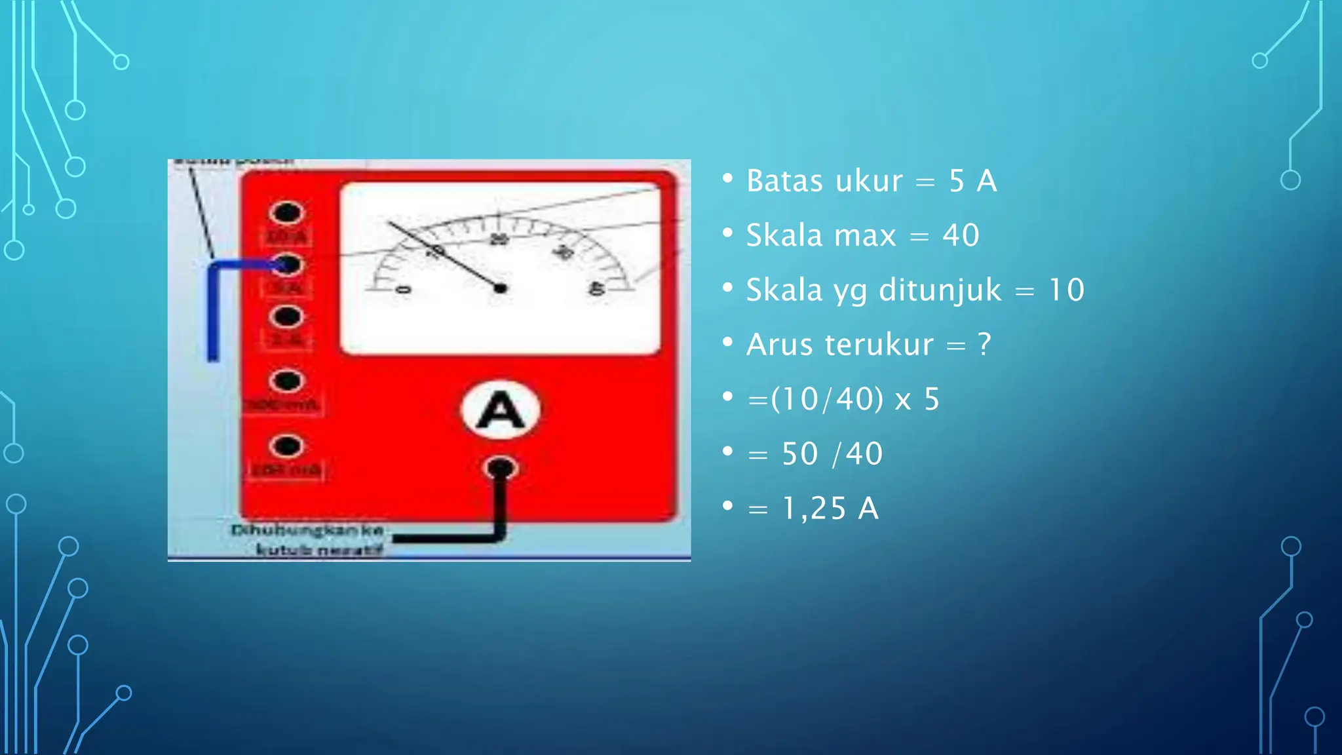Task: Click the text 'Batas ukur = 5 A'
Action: [x=871, y=182]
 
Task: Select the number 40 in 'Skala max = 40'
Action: [x=961, y=236]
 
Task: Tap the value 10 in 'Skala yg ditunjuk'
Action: [x=1066, y=290]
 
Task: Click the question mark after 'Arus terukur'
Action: [x=984, y=345]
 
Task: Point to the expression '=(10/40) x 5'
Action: [x=843, y=399]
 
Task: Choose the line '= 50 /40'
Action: [x=815, y=454]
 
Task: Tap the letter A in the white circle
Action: [x=501, y=411]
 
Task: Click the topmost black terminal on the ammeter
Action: [x=286, y=213]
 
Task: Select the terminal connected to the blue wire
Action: [x=286, y=265]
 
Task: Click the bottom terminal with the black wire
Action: [x=501, y=468]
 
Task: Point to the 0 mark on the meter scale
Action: [x=404, y=290]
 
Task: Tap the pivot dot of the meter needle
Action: [x=501, y=288]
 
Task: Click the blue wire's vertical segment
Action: [x=213, y=315]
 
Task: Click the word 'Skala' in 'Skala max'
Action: [x=784, y=236]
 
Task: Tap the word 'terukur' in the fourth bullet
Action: [x=878, y=345]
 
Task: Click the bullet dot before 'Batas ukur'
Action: [x=727, y=178]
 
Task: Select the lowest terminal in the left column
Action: [x=286, y=446]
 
